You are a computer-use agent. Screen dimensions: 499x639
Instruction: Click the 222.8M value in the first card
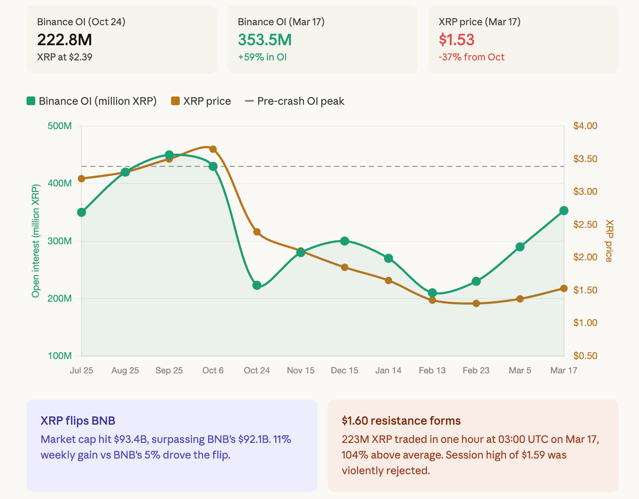64,40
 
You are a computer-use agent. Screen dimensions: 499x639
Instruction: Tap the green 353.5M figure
265,40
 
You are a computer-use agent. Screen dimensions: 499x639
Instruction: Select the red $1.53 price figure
456,40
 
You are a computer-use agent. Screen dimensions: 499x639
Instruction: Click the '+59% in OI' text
262,57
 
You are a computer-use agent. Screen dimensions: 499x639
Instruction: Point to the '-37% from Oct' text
471,57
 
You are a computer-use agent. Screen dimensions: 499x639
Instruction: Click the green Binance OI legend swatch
31,101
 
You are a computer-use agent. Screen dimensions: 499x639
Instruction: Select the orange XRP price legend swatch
175,101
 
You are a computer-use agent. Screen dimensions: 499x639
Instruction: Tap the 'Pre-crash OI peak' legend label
300,101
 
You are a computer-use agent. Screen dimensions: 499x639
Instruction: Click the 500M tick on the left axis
60,126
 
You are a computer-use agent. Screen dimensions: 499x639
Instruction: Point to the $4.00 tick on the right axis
585,126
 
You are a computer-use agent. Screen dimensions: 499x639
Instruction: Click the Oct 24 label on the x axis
257,370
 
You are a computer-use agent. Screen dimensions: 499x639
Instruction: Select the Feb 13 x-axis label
432,370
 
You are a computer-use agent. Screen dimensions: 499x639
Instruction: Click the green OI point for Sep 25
169,155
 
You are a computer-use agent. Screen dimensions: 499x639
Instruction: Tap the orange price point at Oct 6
213,149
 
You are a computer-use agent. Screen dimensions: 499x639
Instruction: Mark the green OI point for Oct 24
257,285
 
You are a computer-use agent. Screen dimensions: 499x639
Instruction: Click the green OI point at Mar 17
564,211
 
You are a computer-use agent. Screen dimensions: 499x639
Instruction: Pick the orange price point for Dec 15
345,267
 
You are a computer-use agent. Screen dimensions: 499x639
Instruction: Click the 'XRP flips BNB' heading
78,421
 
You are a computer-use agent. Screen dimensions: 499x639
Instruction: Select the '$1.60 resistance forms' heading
401,421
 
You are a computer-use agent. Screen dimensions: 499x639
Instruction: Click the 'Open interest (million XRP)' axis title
36,241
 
